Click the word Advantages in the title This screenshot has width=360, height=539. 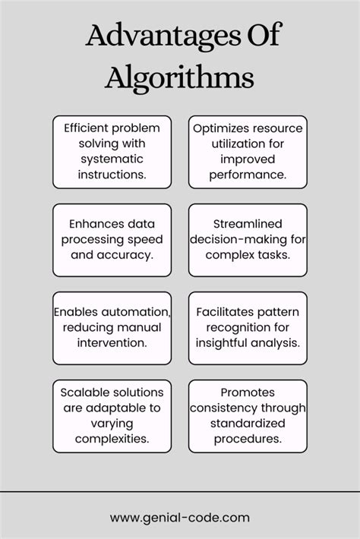(150, 36)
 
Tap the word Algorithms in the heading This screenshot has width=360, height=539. (179, 77)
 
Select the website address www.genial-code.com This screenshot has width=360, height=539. (179, 519)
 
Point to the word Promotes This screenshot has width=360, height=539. (248, 393)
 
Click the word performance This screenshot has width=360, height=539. (248, 174)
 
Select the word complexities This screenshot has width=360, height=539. (112, 437)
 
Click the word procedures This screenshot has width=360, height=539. (248, 437)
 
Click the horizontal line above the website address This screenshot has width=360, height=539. (180, 491)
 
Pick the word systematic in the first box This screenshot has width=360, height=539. (112, 159)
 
